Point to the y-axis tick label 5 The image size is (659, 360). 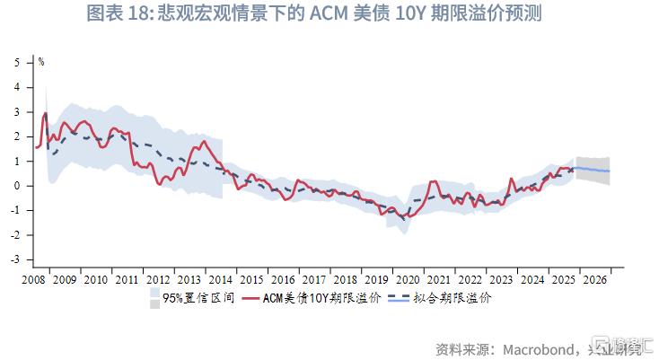pyautogui.click(x=17, y=63)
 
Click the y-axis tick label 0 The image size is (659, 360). pyautogui.click(x=17, y=186)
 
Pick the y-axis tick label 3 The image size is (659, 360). pyautogui.click(x=17, y=112)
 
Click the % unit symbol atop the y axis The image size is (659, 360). pyautogui.click(x=41, y=62)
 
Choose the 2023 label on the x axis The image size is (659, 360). pyautogui.click(x=498, y=279)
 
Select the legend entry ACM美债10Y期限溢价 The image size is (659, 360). pyautogui.click(x=322, y=297)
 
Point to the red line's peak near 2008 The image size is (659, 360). pyautogui.click(x=45, y=113)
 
